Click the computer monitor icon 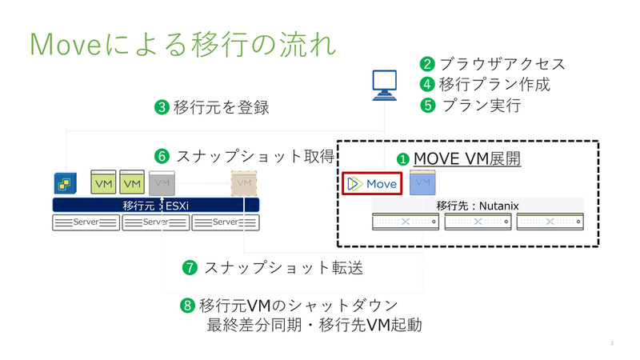point(385,86)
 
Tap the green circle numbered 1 point(403,159)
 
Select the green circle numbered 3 point(162,108)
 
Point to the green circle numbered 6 point(162,156)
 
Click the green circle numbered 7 point(190,268)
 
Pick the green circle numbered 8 point(187,306)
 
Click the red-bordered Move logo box point(372,184)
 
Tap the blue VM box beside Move point(422,182)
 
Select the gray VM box point(162,183)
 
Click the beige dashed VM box point(244,183)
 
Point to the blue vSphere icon point(66,183)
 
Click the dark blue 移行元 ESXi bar point(156,206)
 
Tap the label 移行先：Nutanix point(478,206)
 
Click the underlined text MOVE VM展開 point(467,158)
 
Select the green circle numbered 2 point(427,64)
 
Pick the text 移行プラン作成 point(494,85)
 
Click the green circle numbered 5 point(427,106)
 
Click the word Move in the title point(66,44)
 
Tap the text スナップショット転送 point(284,268)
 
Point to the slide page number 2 point(612,343)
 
